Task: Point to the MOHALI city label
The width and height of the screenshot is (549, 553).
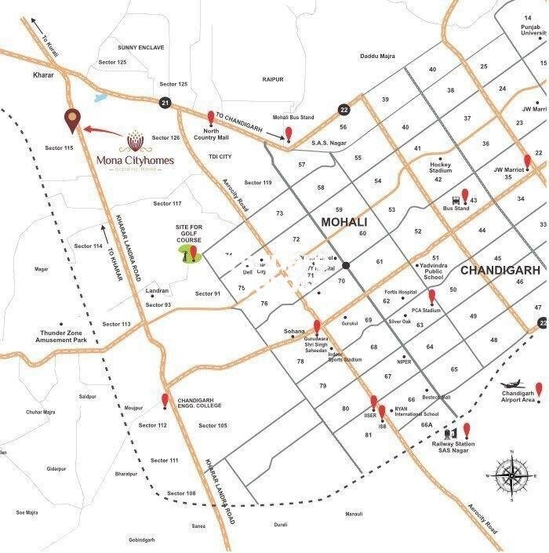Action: (x=344, y=223)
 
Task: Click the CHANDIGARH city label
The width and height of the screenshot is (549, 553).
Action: (x=500, y=270)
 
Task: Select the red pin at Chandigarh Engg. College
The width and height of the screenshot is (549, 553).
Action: (x=165, y=401)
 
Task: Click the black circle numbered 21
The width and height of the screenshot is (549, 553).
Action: (x=165, y=103)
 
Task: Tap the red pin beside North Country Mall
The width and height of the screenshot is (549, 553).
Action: (x=210, y=118)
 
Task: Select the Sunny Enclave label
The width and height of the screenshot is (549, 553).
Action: (x=140, y=48)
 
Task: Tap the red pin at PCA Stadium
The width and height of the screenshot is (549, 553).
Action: (x=431, y=297)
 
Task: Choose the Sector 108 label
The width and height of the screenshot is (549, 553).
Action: (x=181, y=493)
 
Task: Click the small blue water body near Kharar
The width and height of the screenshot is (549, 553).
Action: (x=100, y=99)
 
